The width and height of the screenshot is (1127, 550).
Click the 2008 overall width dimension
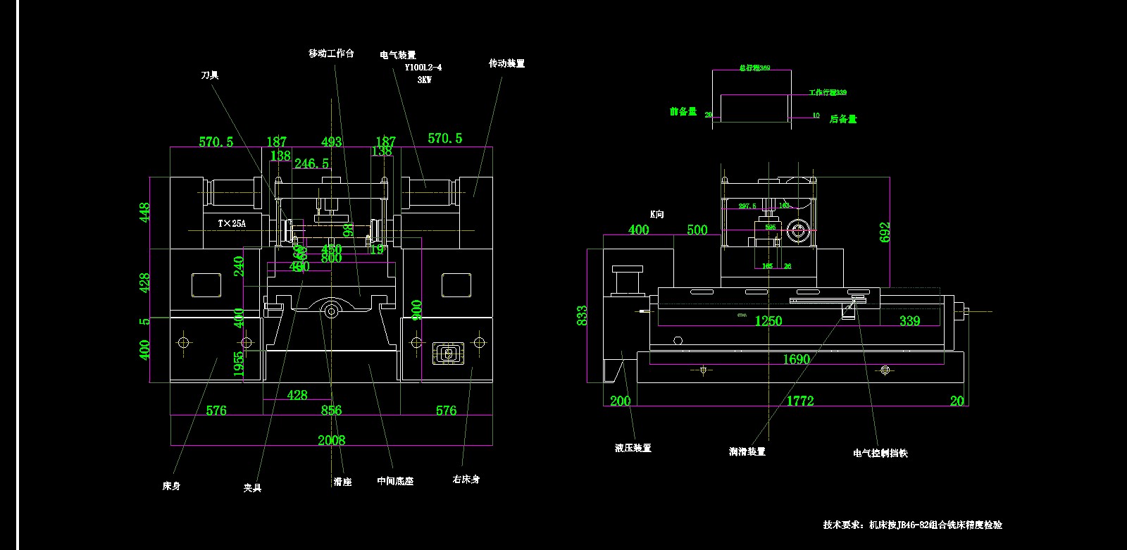pos(331,440)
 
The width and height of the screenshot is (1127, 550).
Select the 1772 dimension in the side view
pos(800,401)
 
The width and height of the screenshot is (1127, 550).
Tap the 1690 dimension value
pos(796,359)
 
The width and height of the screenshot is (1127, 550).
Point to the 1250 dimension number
pos(768,321)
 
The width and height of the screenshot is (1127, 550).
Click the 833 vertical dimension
pos(582,315)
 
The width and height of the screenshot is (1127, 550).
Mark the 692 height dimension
pos(885,232)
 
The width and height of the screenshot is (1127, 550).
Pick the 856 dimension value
pos(331,410)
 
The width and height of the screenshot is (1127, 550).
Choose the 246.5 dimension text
pos(311,163)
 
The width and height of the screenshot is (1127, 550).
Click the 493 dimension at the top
pos(331,142)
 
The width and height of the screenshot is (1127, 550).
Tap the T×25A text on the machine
pos(232,223)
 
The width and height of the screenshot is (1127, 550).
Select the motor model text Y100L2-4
pos(423,68)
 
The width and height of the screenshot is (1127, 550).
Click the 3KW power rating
pos(424,80)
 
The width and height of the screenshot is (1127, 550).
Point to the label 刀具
pos(210,75)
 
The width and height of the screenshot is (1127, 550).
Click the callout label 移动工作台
pos(331,54)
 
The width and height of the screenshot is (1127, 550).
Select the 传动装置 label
pos(506,63)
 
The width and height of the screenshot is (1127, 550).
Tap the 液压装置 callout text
pos(633,448)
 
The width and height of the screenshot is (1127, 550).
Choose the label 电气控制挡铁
pos(880,453)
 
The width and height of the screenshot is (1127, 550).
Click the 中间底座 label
pos(395,481)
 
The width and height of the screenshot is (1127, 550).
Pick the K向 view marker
pos(656,214)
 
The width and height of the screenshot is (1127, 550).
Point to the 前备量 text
pos(683,111)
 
